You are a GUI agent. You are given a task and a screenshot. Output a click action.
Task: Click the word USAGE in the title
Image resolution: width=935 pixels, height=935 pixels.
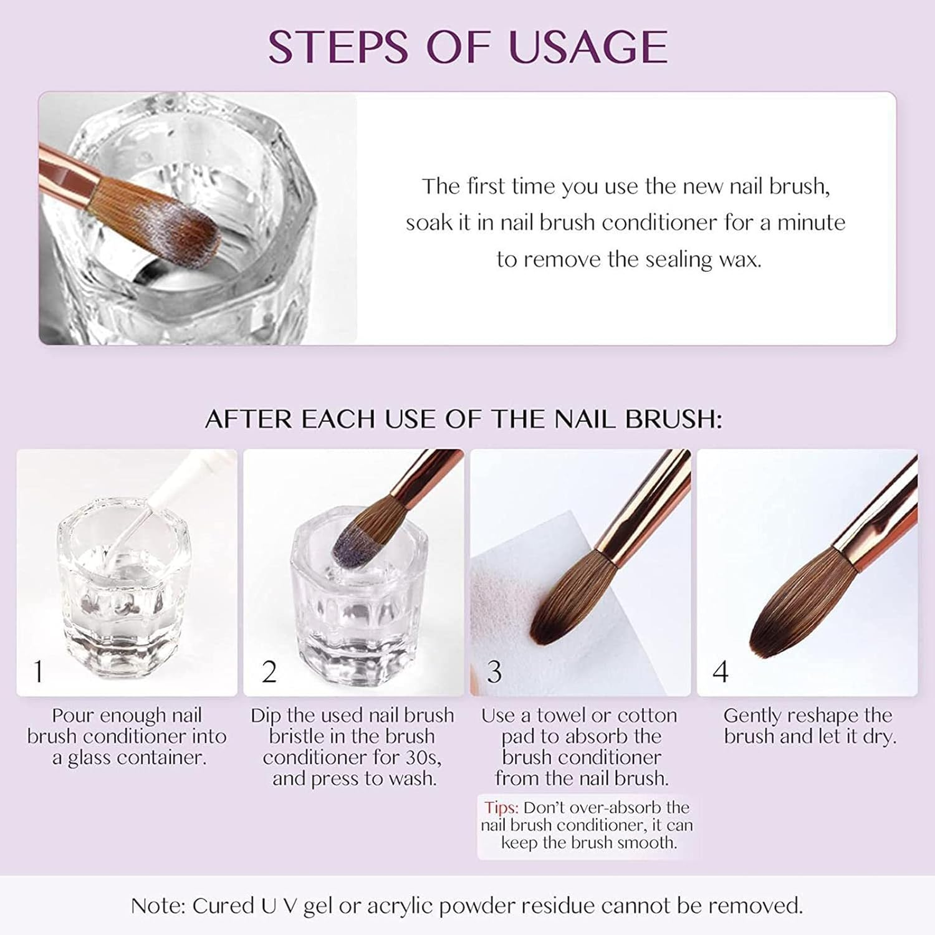pyautogui.click(x=588, y=47)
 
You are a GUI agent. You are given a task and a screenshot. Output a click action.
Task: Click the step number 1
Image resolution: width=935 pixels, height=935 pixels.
pyautogui.click(x=39, y=671)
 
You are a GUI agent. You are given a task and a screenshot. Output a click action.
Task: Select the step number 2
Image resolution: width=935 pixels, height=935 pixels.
pyautogui.click(x=269, y=671)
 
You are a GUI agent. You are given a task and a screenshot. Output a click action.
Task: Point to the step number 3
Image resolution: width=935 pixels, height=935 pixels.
pyautogui.click(x=494, y=671)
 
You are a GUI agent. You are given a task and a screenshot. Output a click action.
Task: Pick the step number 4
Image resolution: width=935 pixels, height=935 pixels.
pyautogui.click(x=721, y=671)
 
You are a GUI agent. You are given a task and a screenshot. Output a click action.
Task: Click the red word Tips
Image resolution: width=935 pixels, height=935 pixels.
pyautogui.click(x=501, y=808)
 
